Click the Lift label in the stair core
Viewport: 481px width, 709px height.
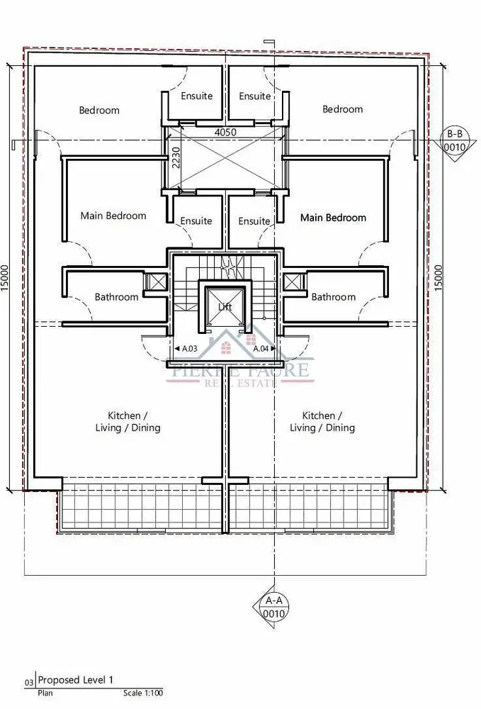tap(225, 306)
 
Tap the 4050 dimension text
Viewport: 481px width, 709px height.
tap(225, 133)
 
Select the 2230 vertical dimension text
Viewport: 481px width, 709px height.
tap(176, 157)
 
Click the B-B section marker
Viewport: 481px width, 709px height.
tap(454, 140)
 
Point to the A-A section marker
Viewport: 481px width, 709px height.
tap(273, 607)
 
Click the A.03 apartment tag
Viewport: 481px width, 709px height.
tap(186, 349)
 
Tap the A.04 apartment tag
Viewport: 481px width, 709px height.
tap(264, 349)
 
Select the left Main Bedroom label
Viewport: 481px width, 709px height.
tap(113, 216)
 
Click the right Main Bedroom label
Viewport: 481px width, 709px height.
tap(334, 218)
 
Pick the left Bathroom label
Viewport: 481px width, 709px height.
tap(116, 297)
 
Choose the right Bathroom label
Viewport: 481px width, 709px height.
tap(334, 297)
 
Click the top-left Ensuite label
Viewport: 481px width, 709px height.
tap(196, 96)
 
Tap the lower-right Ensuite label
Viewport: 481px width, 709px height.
tap(254, 221)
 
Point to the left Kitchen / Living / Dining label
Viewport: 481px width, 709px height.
tap(128, 421)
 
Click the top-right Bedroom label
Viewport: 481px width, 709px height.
tap(342, 109)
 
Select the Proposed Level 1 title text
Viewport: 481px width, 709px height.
tap(75, 680)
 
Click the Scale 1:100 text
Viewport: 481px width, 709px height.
tap(142, 693)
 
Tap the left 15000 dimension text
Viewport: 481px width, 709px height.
tap(5, 278)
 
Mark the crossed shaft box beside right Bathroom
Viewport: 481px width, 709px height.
tap(293, 281)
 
